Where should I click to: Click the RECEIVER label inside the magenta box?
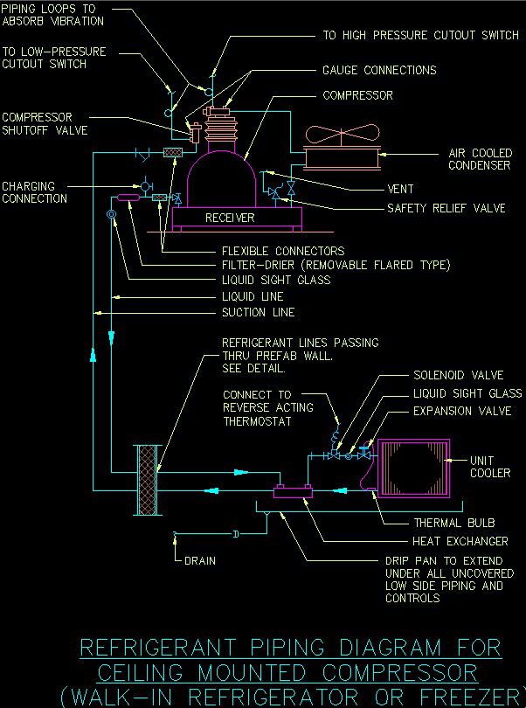[x=230, y=218]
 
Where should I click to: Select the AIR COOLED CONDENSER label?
[x=480, y=159]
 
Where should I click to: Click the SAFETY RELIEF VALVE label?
[x=446, y=209]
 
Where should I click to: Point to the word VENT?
[x=400, y=189]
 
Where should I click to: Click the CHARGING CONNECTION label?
[x=34, y=192]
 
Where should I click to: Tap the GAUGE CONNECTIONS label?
[x=379, y=70]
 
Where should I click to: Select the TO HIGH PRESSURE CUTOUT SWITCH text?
[x=420, y=36]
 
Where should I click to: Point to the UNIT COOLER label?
[x=490, y=468]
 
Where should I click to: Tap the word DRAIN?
[x=200, y=560]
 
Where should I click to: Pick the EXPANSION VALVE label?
[x=462, y=411]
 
